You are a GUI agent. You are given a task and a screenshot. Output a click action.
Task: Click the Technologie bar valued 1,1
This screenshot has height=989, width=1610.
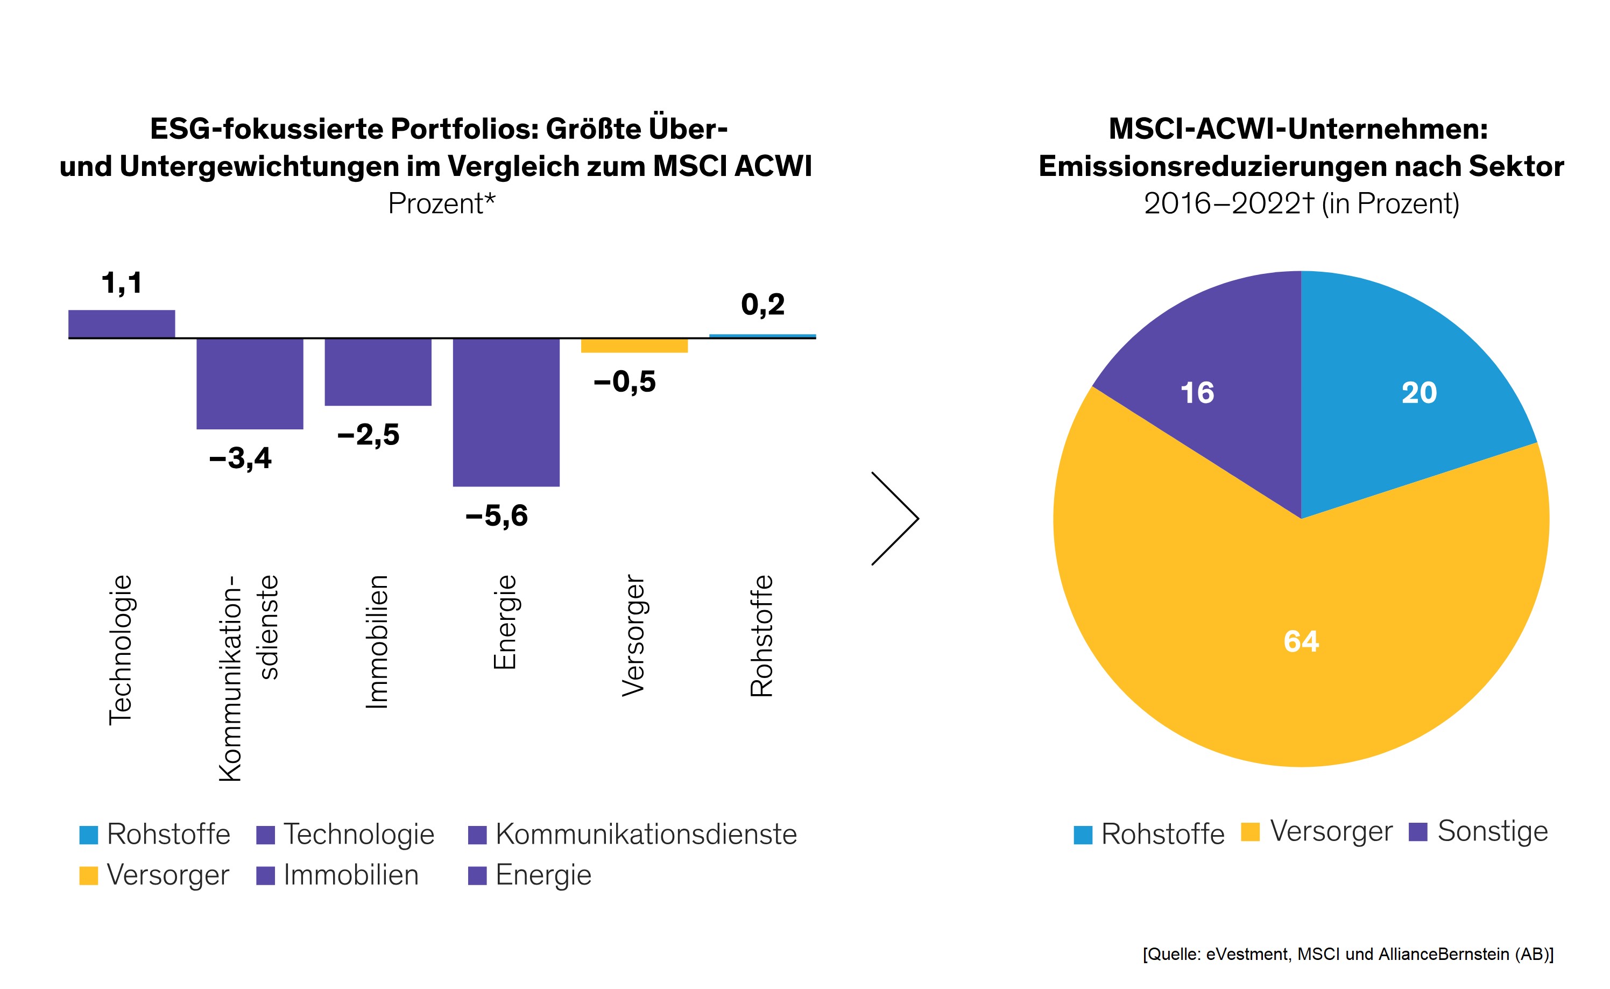[x=122, y=324]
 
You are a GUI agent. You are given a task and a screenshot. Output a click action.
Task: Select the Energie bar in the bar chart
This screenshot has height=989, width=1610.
[x=506, y=412]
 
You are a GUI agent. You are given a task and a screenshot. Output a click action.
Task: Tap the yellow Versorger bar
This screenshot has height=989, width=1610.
[x=634, y=345]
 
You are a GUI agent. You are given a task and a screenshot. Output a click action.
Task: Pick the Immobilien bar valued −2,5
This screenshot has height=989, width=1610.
[x=378, y=371]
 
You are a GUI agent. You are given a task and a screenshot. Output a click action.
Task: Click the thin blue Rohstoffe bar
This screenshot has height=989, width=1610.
[x=762, y=336]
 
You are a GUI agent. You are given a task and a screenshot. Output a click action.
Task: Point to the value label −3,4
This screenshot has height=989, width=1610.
[x=240, y=458]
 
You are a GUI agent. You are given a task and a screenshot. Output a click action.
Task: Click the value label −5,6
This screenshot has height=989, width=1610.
[x=496, y=515]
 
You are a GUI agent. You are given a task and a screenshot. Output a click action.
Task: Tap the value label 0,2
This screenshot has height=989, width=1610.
[x=762, y=304]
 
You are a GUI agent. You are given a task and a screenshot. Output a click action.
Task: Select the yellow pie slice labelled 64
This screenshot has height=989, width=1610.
[x=1301, y=641]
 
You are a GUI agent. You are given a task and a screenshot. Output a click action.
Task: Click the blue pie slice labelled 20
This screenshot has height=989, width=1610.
[x=1419, y=392]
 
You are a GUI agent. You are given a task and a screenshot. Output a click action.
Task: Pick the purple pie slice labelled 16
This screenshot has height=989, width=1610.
[x=1197, y=392]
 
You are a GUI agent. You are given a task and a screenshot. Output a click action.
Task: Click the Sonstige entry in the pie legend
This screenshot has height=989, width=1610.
[x=1479, y=831]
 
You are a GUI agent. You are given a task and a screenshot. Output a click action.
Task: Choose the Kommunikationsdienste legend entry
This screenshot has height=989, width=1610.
[x=632, y=834]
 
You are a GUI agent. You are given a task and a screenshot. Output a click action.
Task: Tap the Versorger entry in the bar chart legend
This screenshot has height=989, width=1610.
[x=154, y=874]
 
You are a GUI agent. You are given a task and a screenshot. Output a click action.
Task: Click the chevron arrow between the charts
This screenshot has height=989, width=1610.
[x=895, y=518]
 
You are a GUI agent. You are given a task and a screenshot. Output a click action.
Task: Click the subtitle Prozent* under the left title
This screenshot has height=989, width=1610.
[x=441, y=203]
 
